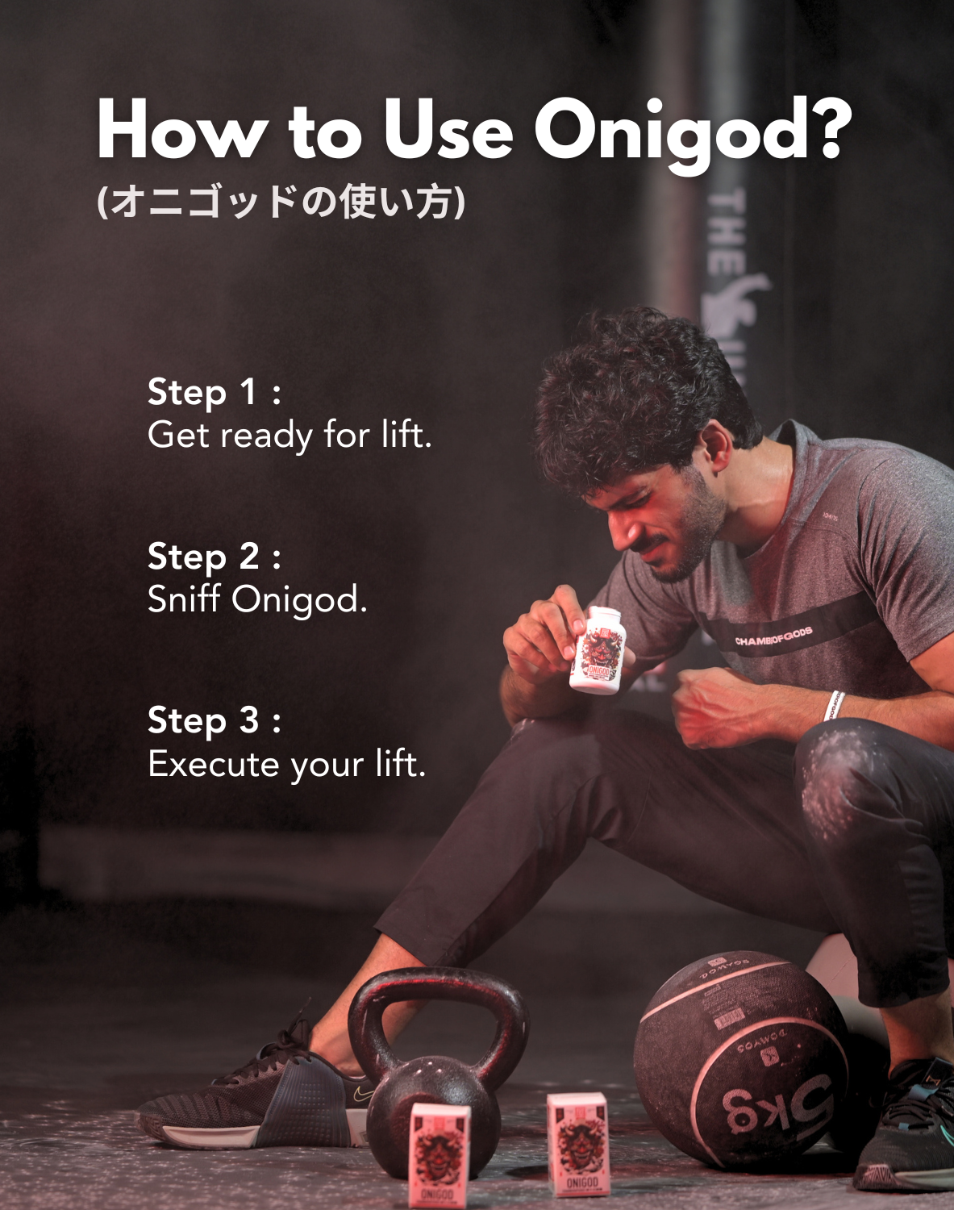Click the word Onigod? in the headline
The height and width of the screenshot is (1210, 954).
(x=692, y=131)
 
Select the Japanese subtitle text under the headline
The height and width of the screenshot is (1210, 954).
(x=281, y=202)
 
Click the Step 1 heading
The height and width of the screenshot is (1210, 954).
(x=214, y=393)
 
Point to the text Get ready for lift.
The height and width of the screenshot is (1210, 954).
(x=290, y=436)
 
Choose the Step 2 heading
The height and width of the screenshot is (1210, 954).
(x=214, y=557)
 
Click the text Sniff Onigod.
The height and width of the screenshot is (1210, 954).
(x=257, y=600)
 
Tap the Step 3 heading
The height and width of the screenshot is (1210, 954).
(x=214, y=721)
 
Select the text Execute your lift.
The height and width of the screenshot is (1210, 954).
(x=286, y=764)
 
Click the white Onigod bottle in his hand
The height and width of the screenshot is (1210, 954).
(x=598, y=652)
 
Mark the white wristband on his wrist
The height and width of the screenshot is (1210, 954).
(x=833, y=706)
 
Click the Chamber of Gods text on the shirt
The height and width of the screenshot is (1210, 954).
(x=773, y=637)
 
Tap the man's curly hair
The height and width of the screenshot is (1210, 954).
(x=637, y=387)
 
